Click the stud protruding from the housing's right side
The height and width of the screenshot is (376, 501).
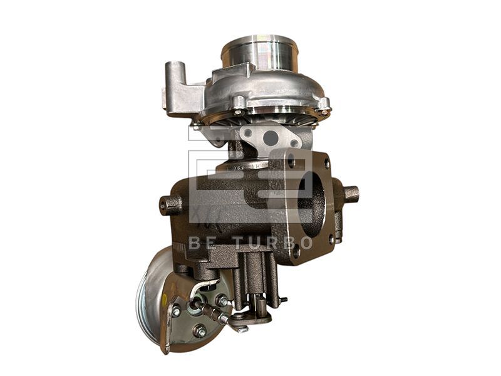coord(351,193)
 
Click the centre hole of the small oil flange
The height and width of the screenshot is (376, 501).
coord(271,138)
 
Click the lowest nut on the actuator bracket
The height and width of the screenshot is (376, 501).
coord(200,330)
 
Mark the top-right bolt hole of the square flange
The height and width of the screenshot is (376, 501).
coord(326,164)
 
